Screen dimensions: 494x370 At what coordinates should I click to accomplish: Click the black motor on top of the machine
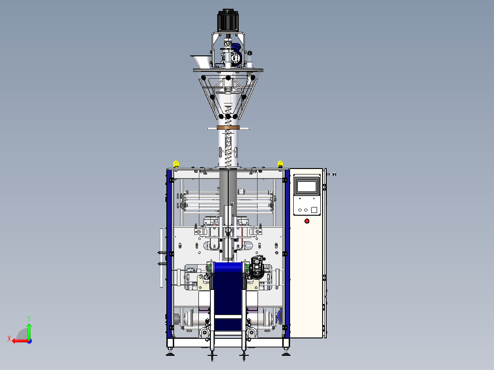227,21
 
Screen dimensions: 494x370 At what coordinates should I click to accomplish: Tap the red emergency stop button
307,221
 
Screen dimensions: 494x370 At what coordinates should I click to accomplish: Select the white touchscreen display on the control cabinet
307,186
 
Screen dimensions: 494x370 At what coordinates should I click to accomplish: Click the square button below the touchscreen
314,210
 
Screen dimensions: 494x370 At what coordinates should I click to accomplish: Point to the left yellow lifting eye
176,164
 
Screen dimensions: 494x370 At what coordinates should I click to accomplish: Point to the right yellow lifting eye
280,164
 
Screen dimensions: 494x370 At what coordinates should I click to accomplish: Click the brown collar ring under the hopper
228,127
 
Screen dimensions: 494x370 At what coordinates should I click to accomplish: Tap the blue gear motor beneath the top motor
236,54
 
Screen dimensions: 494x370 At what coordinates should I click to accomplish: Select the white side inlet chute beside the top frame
200,61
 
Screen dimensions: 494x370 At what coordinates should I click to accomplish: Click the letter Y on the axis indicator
29,319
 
